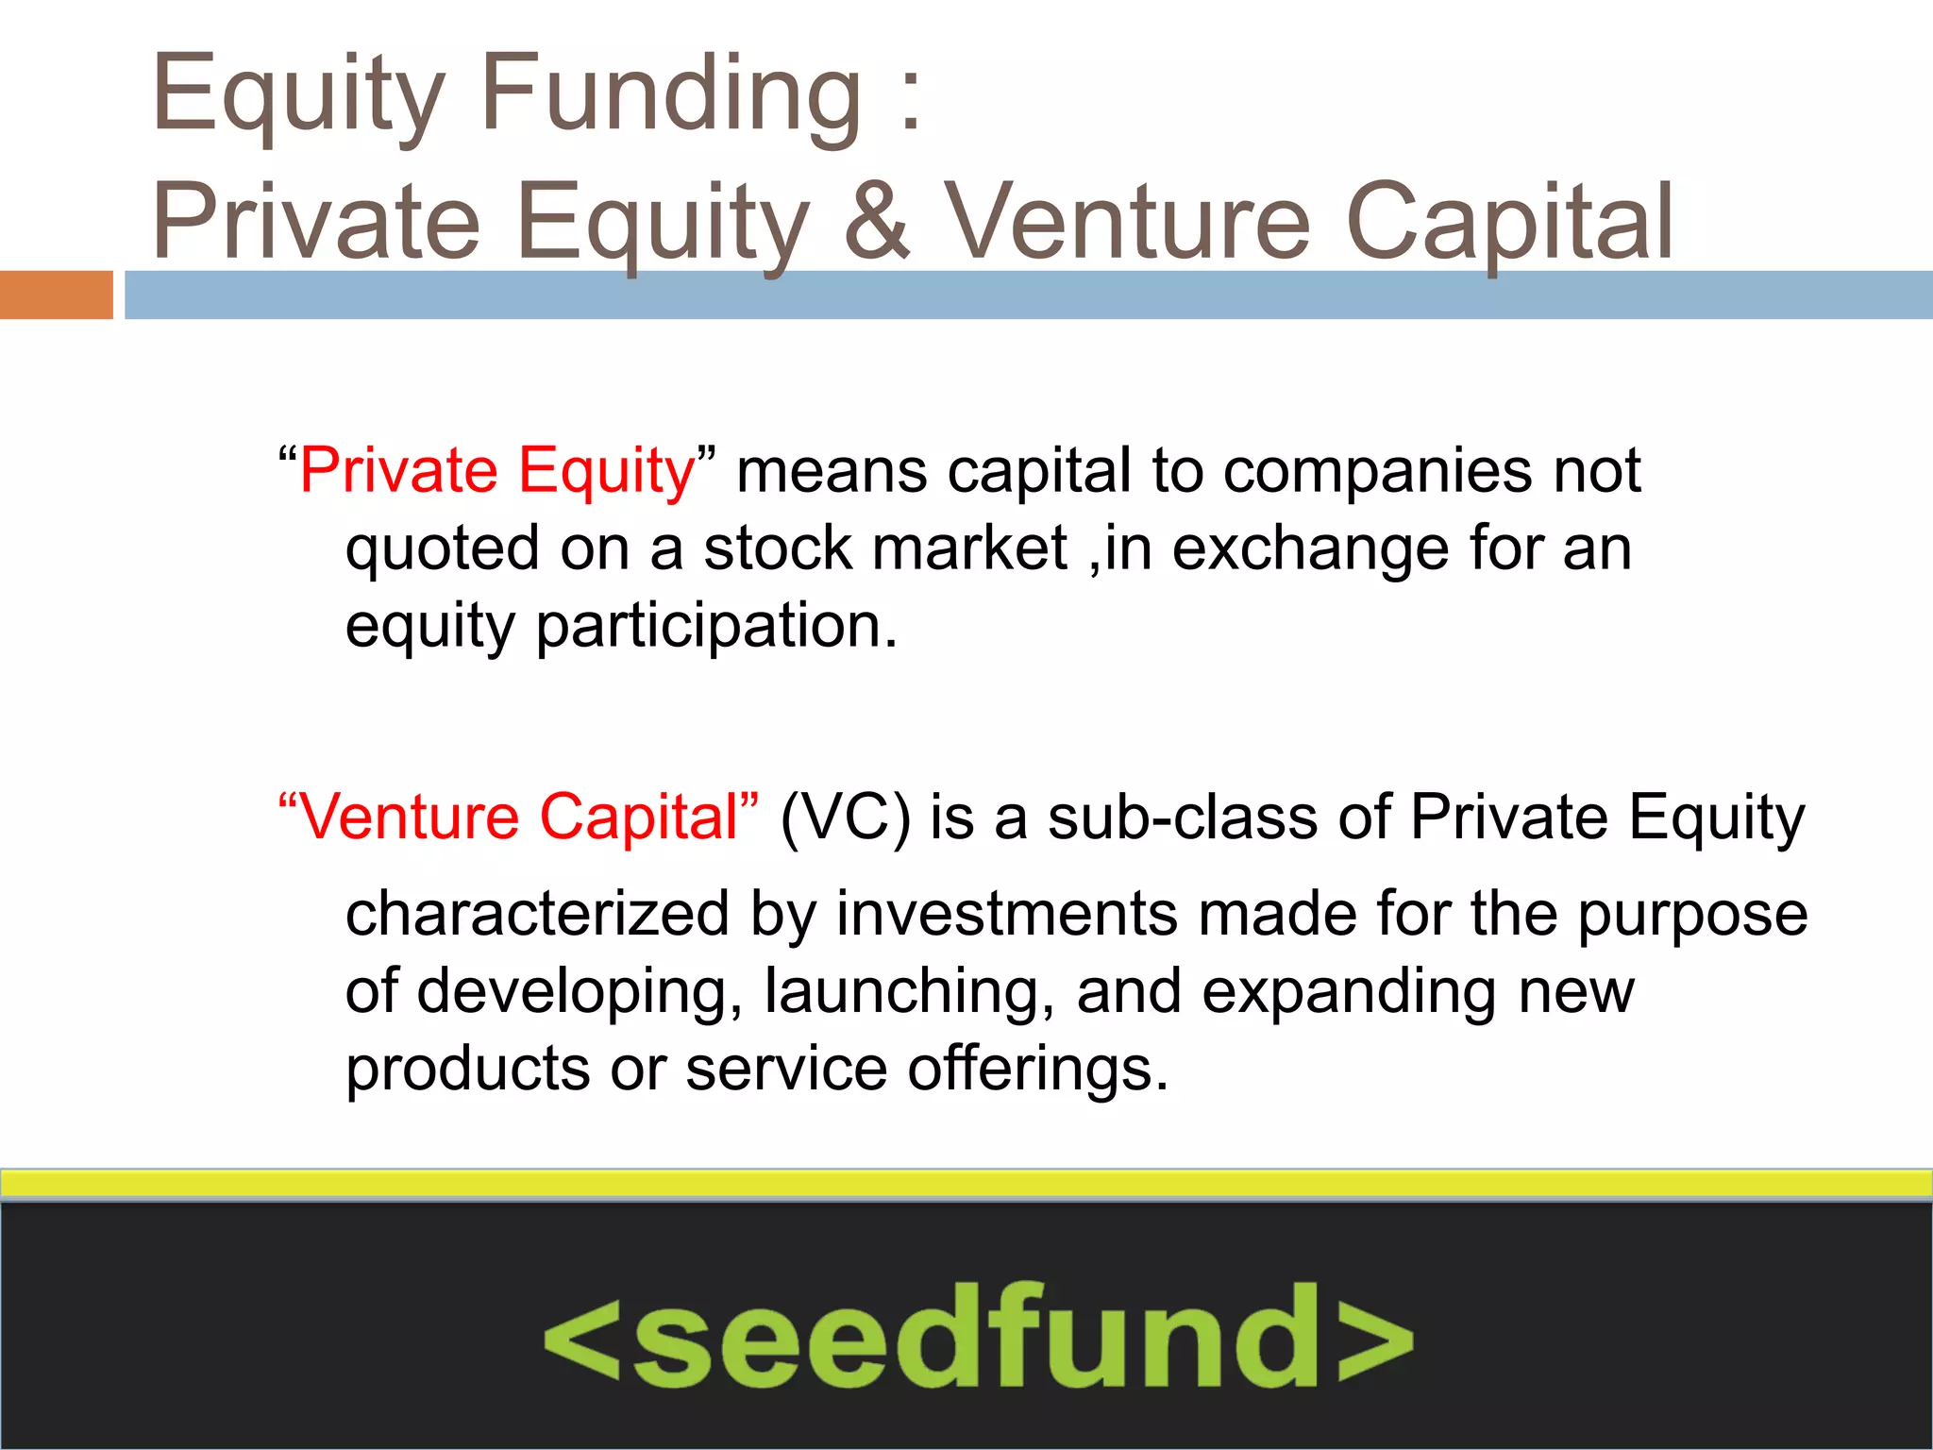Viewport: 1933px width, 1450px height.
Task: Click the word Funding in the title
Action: coord(671,94)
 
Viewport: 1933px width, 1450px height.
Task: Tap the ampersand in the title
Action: coord(877,222)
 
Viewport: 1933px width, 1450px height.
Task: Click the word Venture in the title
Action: coord(1127,222)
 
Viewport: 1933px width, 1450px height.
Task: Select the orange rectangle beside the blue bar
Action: coord(56,295)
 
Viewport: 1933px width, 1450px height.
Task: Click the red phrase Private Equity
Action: coord(497,470)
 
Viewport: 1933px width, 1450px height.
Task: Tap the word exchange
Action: coord(1310,549)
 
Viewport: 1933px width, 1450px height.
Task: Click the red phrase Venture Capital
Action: coord(518,817)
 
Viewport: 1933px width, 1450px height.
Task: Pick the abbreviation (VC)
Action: coord(845,817)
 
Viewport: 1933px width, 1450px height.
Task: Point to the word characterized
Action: coord(537,914)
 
